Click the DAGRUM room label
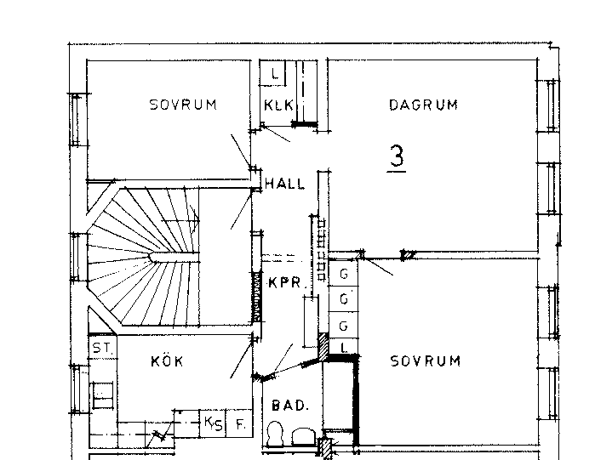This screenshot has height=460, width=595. (x=424, y=105)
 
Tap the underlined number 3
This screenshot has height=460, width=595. (x=397, y=157)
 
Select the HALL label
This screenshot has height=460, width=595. (x=284, y=184)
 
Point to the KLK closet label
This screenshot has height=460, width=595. (x=279, y=105)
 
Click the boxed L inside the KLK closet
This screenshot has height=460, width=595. (x=272, y=73)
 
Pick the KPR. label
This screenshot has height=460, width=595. (x=286, y=282)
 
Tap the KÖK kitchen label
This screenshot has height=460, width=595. (x=167, y=361)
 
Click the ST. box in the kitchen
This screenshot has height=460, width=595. (x=103, y=347)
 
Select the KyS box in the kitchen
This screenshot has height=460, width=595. (x=213, y=423)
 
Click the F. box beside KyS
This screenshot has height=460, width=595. (x=239, y=423)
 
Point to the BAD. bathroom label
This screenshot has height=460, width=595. (x=290, y=406)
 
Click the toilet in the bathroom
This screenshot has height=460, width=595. (x=276, y=434)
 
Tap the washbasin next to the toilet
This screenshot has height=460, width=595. (x=304, y=436)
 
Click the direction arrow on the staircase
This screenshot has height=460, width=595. (x=180, y=219)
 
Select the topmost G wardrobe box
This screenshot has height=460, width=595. (x=343, y=273)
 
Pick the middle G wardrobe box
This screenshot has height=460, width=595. (x=343, y=299)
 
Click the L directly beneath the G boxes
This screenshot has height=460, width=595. (x=344, y=348)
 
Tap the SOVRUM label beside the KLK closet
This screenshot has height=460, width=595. (x=183, y=105)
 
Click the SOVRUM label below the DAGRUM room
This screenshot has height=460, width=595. (x=426, y=361)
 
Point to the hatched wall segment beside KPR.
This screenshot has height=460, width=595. (x=257, y=296)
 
